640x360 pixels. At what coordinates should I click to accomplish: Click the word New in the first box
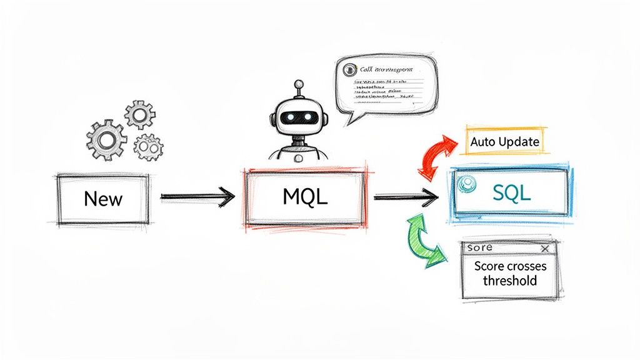[x=103, y=199]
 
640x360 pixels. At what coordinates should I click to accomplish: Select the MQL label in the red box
[x=305, y=197]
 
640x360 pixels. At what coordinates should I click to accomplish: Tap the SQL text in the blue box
[x=511, y=193]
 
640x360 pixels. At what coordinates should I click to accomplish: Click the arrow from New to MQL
[x=197, y=197]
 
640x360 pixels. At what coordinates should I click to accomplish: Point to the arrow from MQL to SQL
[x=405, y=197]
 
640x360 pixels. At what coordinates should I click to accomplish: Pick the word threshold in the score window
[x=509, y=281]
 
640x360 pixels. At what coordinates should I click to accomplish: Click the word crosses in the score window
[x=524, y=266]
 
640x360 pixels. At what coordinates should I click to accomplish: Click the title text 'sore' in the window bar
[x=479, y=249]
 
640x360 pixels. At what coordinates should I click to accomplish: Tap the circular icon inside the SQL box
[x=464, y=184]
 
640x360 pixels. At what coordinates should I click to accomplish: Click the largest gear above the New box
[x=106, y=140]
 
